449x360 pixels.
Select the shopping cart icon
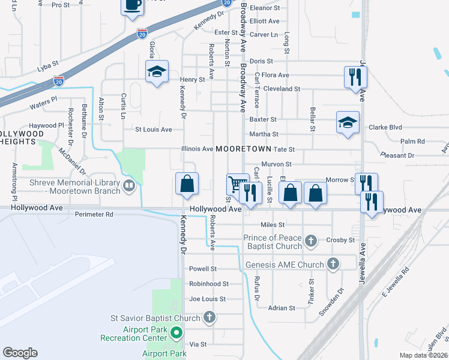pos(237,184)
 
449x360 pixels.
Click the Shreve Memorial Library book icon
pos(128,186)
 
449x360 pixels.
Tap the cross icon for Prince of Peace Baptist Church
pos(310,241)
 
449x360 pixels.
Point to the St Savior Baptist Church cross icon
pos(209,317)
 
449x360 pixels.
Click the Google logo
pos(20,353)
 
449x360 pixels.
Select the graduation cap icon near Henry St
pos(157,72)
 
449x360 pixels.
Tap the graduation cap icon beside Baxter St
pos(348,122)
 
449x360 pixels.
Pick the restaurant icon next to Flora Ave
pos(355,76)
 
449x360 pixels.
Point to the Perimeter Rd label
pos(93,214)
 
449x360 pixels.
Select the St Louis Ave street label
pos(153,129)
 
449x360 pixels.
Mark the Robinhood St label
pos(208,284)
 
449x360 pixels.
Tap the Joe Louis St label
pos(207,299)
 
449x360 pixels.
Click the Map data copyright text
pos(423,355)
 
